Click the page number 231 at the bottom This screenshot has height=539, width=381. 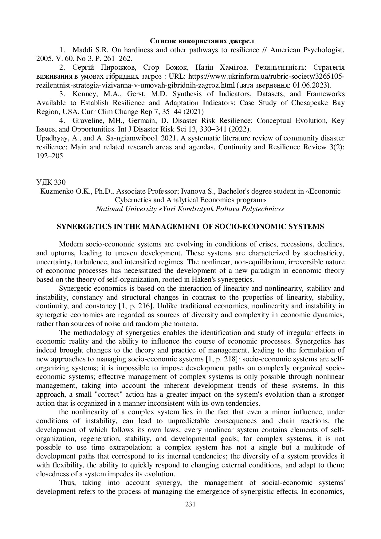190,504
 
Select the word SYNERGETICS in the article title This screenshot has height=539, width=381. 81,227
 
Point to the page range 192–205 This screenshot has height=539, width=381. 49,156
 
